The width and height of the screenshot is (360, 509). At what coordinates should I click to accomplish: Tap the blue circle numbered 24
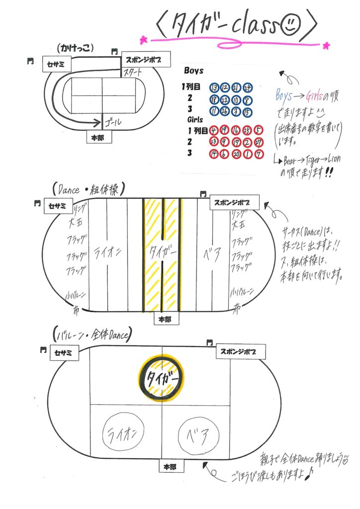coord(248,87)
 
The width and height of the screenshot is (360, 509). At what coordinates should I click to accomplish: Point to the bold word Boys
coord(193,71)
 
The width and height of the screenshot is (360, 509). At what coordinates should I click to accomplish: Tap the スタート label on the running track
coord(133,73)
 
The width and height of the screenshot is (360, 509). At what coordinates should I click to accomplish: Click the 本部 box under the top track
coord(98,138)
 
